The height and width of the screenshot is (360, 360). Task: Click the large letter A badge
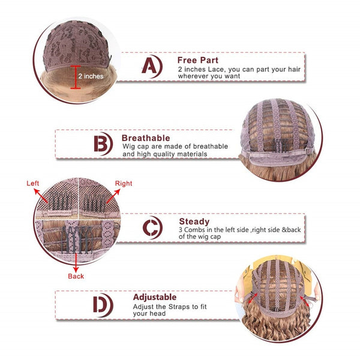(152, 66)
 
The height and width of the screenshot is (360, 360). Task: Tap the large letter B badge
(103, 144)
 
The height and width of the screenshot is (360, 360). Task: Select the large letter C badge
(152, 227)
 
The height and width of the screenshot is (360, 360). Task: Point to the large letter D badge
(103, 305)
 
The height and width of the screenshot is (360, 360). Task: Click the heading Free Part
(197, 60)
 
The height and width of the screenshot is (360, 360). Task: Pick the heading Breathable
(146, 138)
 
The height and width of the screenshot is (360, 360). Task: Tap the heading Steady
(194, 221)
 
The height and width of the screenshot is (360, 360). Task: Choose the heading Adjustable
(155, 297)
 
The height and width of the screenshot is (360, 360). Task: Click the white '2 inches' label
(91, 76)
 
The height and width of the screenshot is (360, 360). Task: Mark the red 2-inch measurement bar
(76, 77)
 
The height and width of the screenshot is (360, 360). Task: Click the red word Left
(33, 183)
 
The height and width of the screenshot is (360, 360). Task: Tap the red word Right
(124, 184)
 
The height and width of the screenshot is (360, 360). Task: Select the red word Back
(76, 276)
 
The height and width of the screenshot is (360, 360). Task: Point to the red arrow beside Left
(41, 196)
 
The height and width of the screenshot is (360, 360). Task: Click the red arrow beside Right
(113, 196)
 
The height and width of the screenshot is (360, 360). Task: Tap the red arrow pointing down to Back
(76, 262)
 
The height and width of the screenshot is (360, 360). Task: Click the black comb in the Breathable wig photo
(281, 145)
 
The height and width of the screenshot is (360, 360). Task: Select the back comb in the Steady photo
(76, 240)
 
